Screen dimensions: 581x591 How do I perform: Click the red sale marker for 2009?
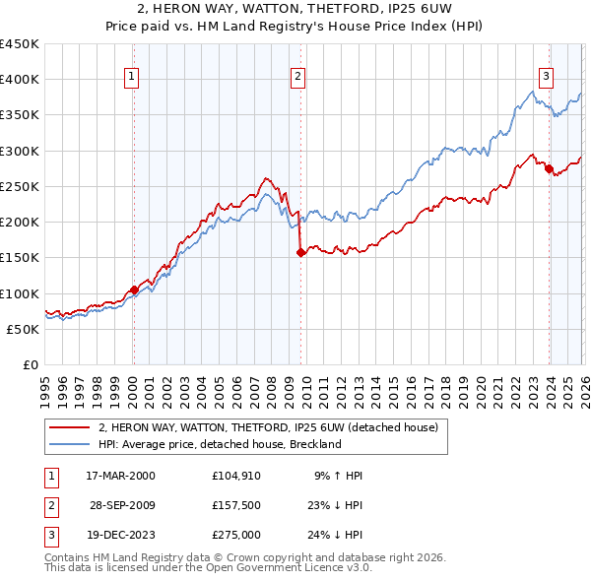click(300, 252)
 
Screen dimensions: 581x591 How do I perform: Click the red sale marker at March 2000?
click(134, 290)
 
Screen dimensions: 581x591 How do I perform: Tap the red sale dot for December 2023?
click(549, 168)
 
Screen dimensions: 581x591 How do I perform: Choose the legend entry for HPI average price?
click(219, 444)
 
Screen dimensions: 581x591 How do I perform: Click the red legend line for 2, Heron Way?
click(69, 427)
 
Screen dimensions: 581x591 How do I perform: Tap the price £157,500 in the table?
click(236, 505)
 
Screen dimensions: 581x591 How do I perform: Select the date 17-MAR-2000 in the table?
click(120, 476)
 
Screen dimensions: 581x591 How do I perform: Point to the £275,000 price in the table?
click(236, 535)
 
